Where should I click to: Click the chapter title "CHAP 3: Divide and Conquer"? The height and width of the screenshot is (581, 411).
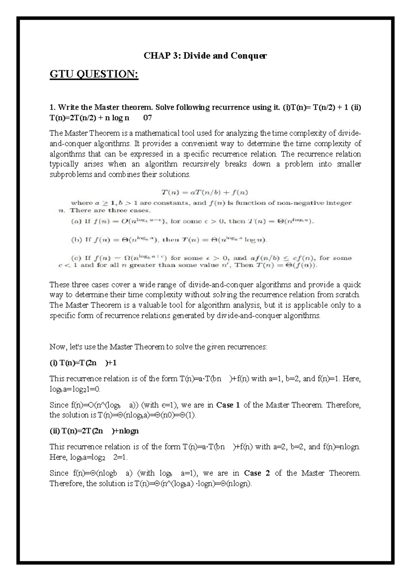click(x=205, y=55)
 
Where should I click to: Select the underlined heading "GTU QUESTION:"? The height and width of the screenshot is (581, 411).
click(x=94, y=74)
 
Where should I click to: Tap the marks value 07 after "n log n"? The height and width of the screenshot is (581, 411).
click(x=148, y=118)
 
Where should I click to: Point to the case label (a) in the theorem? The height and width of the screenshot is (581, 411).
click(x=74, y=221)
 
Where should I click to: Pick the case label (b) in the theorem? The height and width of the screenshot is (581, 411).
click(x=74, y=240)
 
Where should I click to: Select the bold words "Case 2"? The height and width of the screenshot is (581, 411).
click(x=257, y=473)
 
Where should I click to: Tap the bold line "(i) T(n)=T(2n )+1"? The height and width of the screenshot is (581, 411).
click(x=83, y=363)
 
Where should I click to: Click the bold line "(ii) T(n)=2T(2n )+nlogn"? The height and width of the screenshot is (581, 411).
click(x=94, y=431)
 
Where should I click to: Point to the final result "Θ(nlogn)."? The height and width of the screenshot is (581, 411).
click(x=236, y=484)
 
